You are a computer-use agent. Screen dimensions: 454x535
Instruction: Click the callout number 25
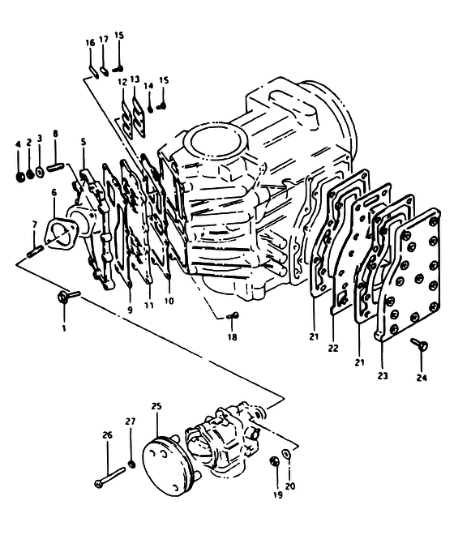pyautogui.click(x=156, y=406)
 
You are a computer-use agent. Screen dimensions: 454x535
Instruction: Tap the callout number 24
pyautogui.click(x=422, y=378)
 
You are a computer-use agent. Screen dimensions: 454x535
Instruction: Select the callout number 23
pyautogui.click(x=383, y=375)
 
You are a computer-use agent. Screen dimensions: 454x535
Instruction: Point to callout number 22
pyautogui.click(x=333, y=348)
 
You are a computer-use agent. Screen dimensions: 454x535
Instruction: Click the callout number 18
pyautogui.click(x=232, y=337)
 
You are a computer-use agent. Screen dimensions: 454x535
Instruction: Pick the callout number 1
pyautogui.click(x=64, y=328)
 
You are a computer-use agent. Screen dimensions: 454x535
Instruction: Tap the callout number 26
pyautogui.click(x=108, y=435)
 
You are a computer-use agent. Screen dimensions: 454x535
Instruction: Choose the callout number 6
pyautogui.click(x=54, y=193)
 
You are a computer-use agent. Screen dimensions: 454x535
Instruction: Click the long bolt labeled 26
pyautogui.click(x=110, y=477)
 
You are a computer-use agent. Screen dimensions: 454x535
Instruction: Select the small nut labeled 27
pyautogui.click(x=131, y=464)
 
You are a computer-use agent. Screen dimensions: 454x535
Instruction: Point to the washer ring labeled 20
pyautogui.click(x=286, y=454)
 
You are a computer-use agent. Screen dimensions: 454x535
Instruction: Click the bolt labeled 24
pyautogui.click(x=420, y=344)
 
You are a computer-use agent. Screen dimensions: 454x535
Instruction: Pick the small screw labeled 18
pyautogui.click(x=233, y=316)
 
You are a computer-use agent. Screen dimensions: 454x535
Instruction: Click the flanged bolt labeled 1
pyautogui.click(x=67, y=296)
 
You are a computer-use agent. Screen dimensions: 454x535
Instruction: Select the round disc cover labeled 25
pyautogui.click(x=165, y=467)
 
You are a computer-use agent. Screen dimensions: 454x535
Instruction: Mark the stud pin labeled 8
pyautogui.click(x=56, y=168)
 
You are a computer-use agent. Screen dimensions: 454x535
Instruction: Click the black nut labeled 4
pyautogui.click(x=19, y=176)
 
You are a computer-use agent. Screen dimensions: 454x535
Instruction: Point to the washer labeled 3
pyautogui.click(x=40, y=172)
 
